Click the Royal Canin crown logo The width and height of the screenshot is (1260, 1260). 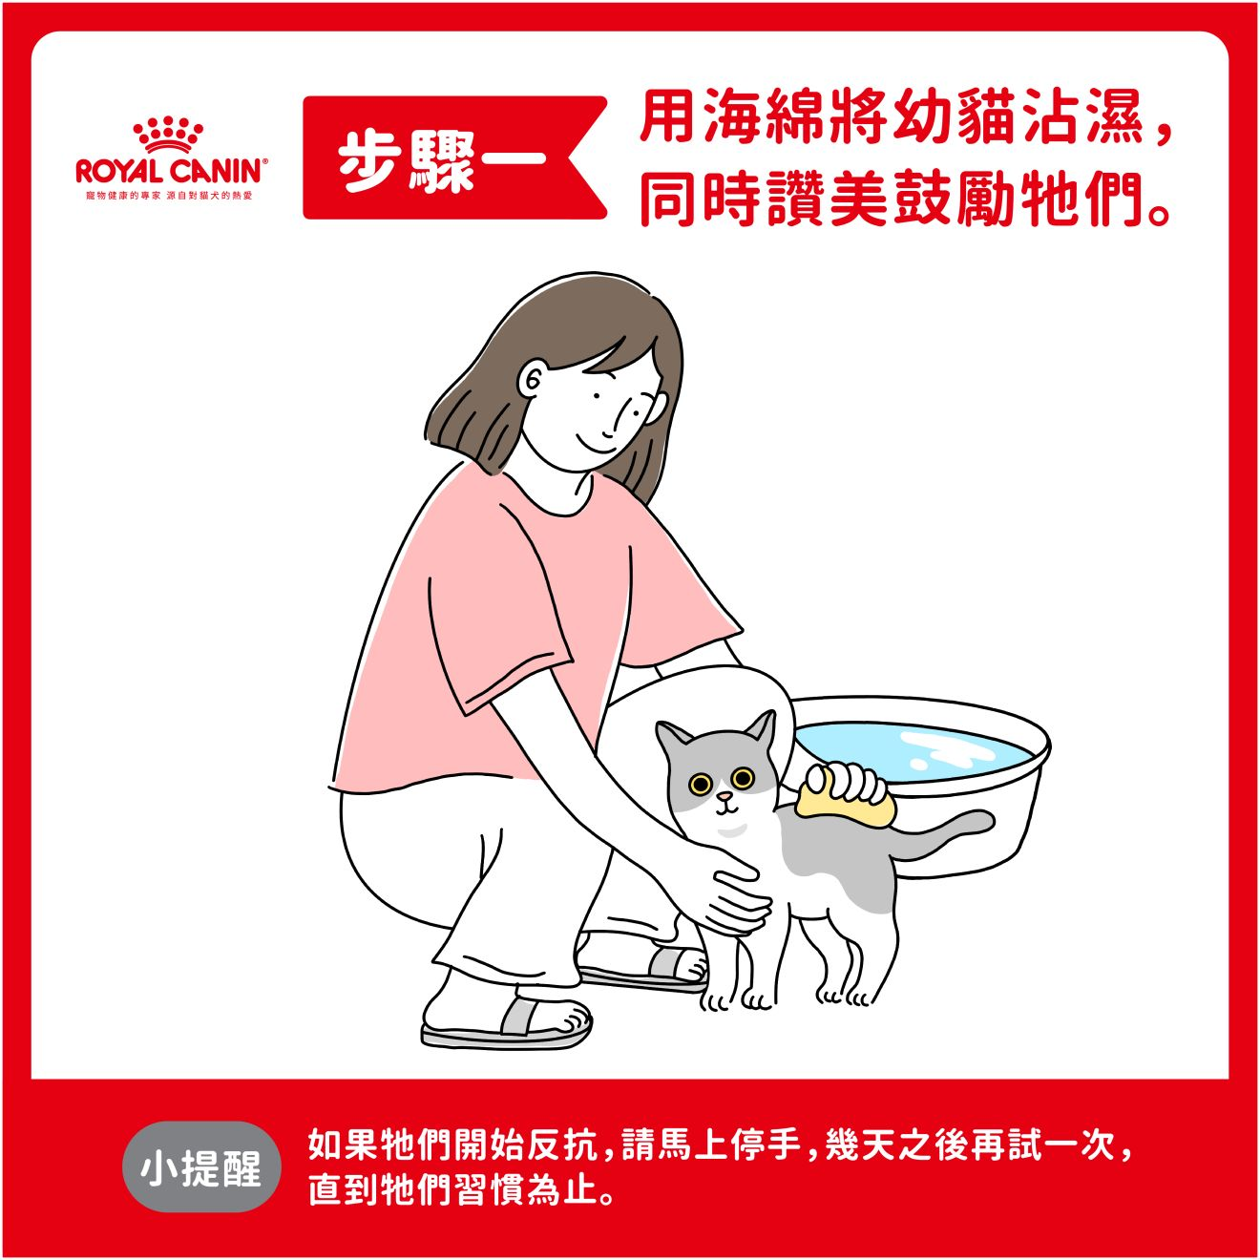coord(168,135)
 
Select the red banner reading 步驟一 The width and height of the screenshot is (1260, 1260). coord(454,157)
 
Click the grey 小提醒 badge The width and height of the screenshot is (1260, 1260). coord(201,1169)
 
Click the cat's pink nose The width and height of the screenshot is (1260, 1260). coord(724,796)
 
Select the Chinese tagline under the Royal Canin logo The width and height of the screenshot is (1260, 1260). coord(169,196)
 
